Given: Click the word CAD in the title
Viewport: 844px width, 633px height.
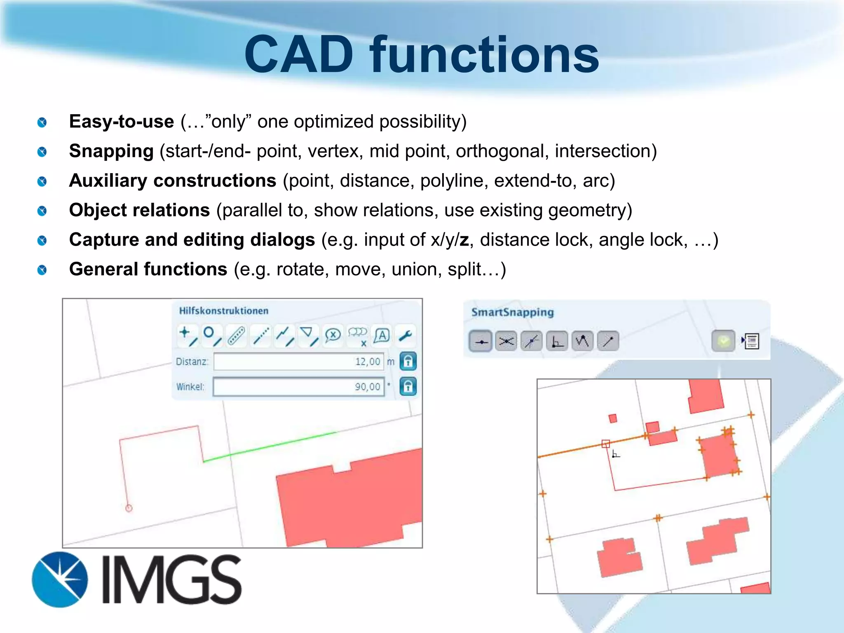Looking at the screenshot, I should [299, 54].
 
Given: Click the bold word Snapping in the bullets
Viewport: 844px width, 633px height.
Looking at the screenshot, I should [111, 151].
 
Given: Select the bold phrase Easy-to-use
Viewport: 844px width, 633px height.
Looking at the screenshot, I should [122, 122].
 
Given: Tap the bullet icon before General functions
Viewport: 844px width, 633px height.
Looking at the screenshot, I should [42, 270].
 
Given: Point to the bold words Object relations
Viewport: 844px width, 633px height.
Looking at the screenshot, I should [139, 210].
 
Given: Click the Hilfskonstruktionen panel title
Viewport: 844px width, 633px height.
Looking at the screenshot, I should [223, 311].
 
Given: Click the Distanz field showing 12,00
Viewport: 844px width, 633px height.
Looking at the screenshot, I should [298, 361].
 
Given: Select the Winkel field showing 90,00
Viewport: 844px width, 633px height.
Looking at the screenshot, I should [298, 387].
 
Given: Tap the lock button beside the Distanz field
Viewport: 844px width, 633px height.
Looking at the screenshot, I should [408, 361].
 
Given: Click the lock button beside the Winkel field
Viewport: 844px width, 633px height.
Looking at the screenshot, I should [408, 387].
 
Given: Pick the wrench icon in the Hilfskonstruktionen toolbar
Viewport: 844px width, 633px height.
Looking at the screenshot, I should [406, 336].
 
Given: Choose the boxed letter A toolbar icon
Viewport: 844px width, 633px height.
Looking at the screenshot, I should [382, 336].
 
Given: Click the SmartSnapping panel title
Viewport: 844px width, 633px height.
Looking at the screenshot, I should [512, 312].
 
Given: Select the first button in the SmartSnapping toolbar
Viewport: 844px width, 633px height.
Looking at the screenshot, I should [481, 341].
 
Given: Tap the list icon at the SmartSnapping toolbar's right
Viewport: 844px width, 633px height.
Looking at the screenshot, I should [751, 341].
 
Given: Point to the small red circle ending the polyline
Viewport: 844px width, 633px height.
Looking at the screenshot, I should [129, 508].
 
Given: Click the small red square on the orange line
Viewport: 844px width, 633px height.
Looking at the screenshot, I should [605, 444].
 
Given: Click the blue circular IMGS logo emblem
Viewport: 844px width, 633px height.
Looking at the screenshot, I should [60, 579].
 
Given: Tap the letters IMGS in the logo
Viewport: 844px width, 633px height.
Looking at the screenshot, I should [171, 579].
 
